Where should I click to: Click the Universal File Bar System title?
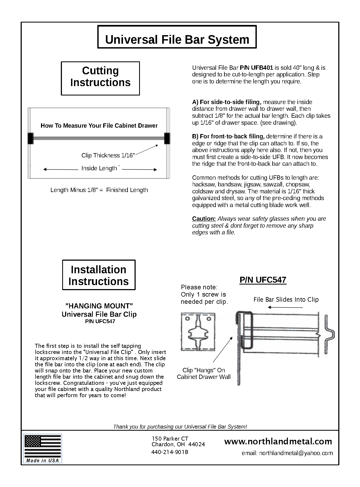pyautogui.click(x=177, y=39)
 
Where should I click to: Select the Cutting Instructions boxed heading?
pyautogui.click(x=100, y=77)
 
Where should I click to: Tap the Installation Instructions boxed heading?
pyautogui.click(x=99, y=275)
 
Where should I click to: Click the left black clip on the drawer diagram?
pyautogui.click(x=30, y=138)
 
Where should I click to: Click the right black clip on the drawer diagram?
pyautogui.click(x=167, y=138)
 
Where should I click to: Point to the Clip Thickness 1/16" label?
pyautogui.click(x=108, y=156)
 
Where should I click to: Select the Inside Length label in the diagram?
pyautogui.click(x=99, y=168)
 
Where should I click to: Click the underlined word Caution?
pyautogui.click(x=204, y=219)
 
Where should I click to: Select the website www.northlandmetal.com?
pyautogui.click(x=278, y=441)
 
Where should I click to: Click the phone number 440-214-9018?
pyautogui.click(x=170, y=452)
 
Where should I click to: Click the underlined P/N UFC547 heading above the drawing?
pyautogui.click(x=263, y=280)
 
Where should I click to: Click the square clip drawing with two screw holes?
pyautogui.click(x=198, y=331)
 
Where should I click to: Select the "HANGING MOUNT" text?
pyautogui.click(x=99, y=306)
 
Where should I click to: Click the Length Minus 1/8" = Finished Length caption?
pyautogui.click(x=99, y=190)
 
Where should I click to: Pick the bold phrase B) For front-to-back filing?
pyautogui.click(x=228, y=136)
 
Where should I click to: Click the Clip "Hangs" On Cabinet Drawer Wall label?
pyautogui.click(x=204, y=374)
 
